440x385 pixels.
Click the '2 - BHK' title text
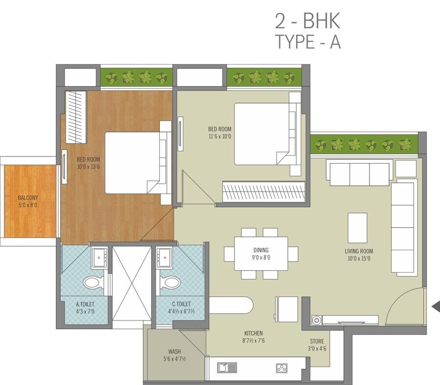tap(308, 22)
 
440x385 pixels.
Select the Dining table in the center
tap(261, 254)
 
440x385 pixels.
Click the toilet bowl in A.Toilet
tap(93, 282)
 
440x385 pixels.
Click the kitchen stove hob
tap(282, 367)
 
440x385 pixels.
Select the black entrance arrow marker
tap(436, 306)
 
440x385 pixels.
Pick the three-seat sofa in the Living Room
tap(359, 174)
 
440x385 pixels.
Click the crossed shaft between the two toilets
tap(132, 283)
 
